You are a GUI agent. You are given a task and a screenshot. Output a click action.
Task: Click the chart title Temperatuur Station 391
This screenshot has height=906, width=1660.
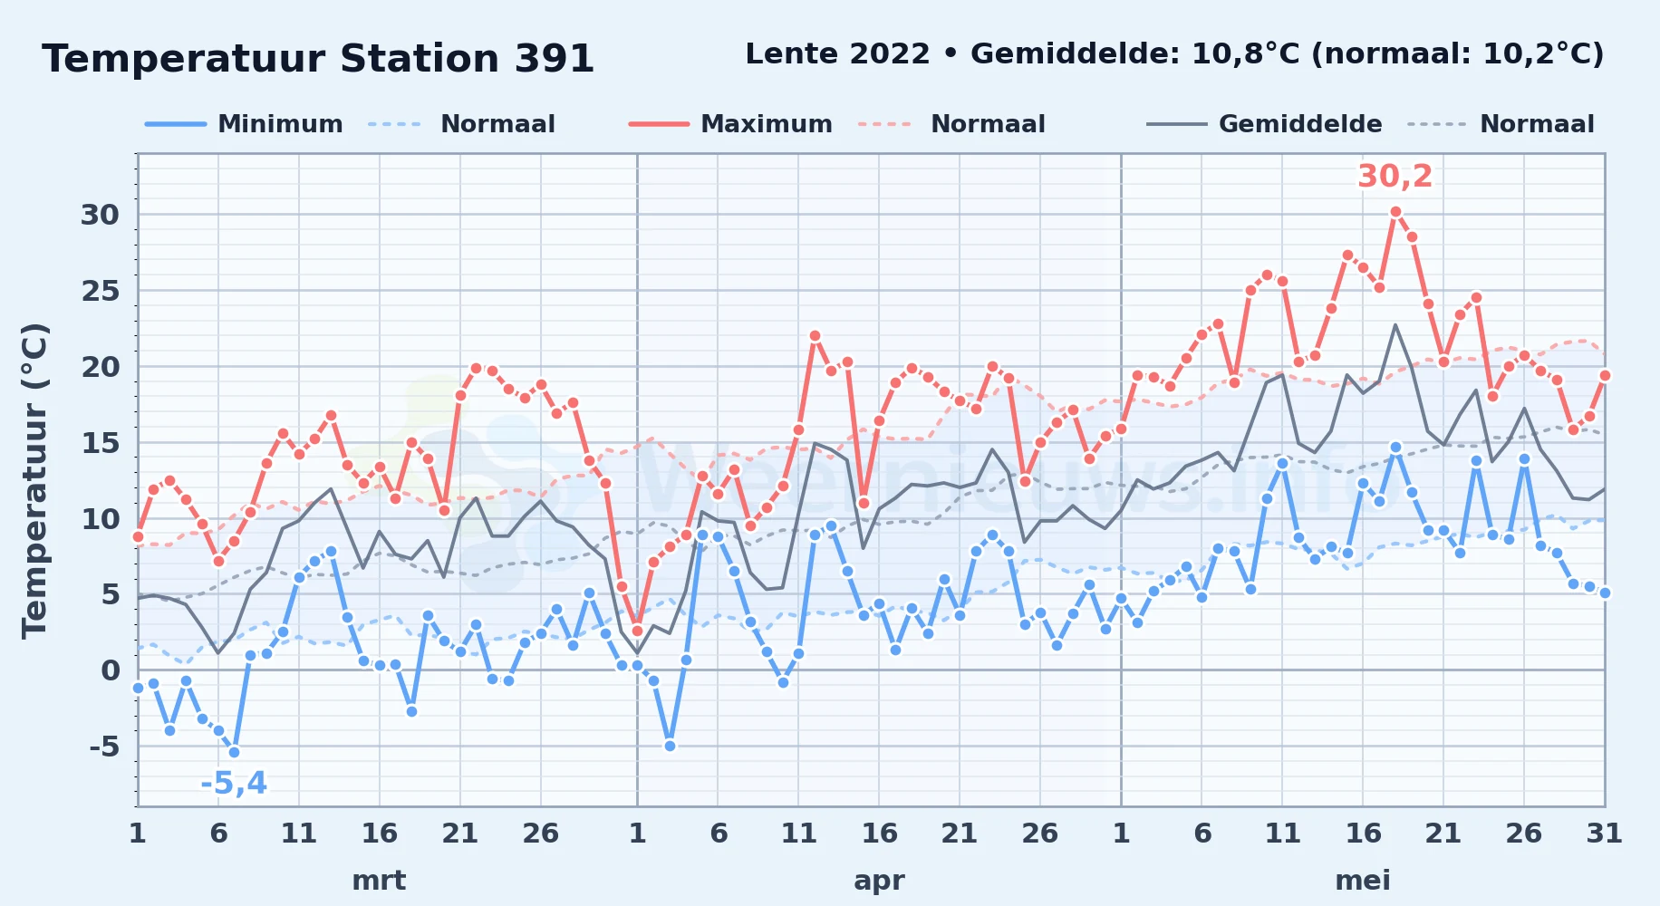click(318, 59)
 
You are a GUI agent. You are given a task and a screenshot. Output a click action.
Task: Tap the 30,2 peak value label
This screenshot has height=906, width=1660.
click(1395, 176)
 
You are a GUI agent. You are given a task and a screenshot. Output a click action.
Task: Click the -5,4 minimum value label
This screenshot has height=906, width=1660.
click(234, 783)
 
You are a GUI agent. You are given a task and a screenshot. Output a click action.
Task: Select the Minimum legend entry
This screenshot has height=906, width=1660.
click(244, 124)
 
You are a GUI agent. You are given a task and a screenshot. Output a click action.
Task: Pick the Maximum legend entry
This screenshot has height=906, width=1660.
click(730, 124)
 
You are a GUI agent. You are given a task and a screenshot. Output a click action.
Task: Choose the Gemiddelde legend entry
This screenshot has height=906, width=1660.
click(1264, 124)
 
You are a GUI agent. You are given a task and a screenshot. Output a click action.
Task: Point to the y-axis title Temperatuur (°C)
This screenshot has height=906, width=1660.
click(34, 480)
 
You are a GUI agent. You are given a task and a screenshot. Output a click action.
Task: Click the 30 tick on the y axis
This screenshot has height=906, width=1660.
click(100, 215)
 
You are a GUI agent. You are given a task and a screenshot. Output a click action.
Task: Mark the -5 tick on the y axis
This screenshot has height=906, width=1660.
click(104, 747)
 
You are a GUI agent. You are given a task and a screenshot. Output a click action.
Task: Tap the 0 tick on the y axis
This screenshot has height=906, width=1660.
click(111, 670)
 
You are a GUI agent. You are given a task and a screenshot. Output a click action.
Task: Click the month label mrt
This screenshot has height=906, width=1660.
click(379, 881)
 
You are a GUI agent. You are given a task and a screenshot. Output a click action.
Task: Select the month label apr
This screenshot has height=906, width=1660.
click(879, 881)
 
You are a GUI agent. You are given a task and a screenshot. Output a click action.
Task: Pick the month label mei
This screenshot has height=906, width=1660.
click(1363, 881)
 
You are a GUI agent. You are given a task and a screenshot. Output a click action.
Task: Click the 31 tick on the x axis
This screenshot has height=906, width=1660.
click(1604, 834)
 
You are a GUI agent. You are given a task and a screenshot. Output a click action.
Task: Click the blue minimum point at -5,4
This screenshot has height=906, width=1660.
click(234, 752)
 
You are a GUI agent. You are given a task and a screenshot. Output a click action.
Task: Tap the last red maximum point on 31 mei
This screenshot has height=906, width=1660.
click(1605, 375)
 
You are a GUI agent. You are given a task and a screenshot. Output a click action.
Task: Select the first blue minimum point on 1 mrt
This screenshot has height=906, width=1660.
click(138, 688)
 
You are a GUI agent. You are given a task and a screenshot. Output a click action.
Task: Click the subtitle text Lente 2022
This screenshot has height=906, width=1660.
click(837, 54)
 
